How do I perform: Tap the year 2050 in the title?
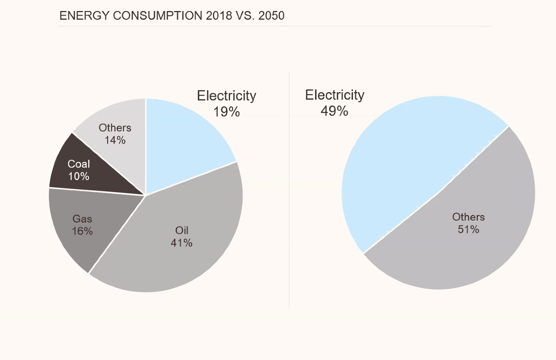pyautogui.click(x=271, y=16)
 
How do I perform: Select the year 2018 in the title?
pyautogui.click(x=219, y=16)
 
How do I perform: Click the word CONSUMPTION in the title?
pyautogui.click(x=158, y=16)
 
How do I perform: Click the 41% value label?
pyautogui.click(x=182, y=243)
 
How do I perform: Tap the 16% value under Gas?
pyautogui.click(x=82, y=231)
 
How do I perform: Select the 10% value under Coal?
pyautogui.click(x=79, y=176)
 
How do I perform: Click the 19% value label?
pyautogui.click(x=226, y=112)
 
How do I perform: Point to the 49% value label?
pyautogui.click(x=334, y=111)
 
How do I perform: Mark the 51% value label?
pyautogui.click(x=468, y=229)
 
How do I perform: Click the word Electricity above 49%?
pyautogui.click(x=335, y=95)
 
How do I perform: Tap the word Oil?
pyautogui.click(x=182, y=230)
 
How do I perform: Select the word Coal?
pyautogui.click(x=79, y=164)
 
